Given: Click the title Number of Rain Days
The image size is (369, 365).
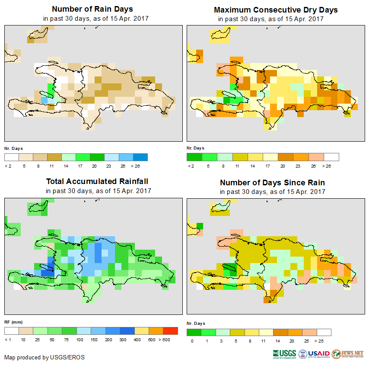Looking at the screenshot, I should (92, 9).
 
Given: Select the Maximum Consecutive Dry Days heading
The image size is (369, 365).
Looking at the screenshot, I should (276, 10).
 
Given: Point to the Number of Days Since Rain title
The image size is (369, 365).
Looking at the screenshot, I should (272, 182).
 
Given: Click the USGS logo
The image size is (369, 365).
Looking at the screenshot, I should (284, 354).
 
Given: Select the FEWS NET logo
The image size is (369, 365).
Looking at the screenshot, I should (348, 354).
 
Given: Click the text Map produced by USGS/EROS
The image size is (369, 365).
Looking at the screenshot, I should (45, 357).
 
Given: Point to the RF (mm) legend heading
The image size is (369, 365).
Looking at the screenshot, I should (13, 322).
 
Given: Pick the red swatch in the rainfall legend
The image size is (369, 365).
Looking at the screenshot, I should (171, 331).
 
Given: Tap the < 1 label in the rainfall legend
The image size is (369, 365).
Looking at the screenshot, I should (8, 340).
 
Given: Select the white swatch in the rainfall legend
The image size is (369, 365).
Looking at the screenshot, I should (12, 331).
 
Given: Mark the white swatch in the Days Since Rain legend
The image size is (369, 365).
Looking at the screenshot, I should (324, 332).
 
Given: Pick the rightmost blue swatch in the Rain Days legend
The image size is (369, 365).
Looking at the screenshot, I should (140, 157).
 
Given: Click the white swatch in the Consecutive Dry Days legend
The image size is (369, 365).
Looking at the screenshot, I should (331, 157).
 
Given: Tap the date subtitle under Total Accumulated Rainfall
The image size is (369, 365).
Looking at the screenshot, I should (98, 191).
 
